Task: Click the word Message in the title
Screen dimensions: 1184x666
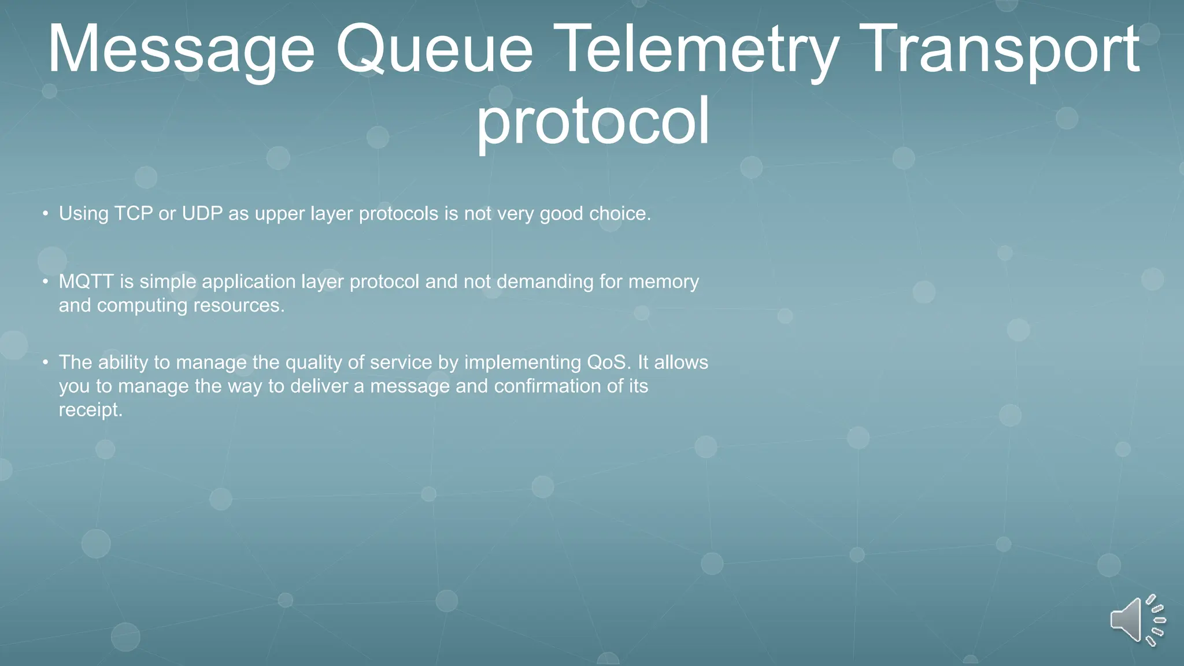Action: (x=180, y=51)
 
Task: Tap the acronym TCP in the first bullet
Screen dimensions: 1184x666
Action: (x=134, y=213)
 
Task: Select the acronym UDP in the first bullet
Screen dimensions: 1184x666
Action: (x=202, y=213)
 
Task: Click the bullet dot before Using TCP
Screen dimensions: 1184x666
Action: (x=45, y=214)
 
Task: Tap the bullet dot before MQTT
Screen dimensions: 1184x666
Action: (x=45, y=282)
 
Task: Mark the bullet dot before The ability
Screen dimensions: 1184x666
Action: (x=45, y=363)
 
